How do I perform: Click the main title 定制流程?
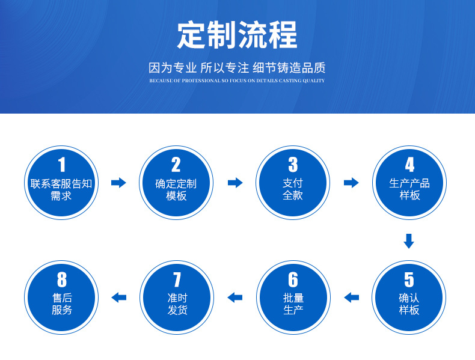(x=237, y=35)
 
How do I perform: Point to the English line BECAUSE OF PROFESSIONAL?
(x=237, y=81)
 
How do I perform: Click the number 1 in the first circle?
(x=61, y=165)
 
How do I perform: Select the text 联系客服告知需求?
(x=61, y=189)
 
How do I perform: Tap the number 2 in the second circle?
(x=176, y=165)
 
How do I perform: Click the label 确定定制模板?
(x=176, y=189)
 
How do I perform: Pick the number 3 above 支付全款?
(x=293, y=165)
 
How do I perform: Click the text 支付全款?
(x=293, y=189)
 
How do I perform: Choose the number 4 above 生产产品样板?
(x=409, y=165)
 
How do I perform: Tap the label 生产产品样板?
(x=409, y=189)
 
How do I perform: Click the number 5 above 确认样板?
(x=409, y=279)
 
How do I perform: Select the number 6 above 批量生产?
(x=293, y=279)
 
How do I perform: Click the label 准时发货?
(x=176, y=304)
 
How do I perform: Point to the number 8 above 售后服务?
(x=61, y=279)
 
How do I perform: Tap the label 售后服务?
(x=61, y=304)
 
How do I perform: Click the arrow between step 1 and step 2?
(x=119, y=183)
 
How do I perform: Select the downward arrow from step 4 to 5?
(x=409, y=241)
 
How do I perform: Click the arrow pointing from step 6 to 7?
(x=235, y=297)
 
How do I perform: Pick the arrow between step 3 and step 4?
(x=351, y=183)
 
